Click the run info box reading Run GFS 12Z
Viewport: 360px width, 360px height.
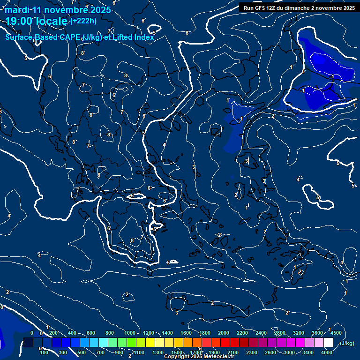[299, 8]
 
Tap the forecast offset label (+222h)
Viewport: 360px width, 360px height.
[83, 21]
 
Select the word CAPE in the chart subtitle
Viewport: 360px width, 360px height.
[69, 37]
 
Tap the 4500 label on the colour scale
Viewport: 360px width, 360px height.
[336, 333]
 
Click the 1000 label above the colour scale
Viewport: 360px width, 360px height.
[130, 333]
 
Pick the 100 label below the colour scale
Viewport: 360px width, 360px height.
[44, 352]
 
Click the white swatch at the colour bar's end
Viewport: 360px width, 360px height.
[328, 343]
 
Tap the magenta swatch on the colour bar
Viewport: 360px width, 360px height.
[300, 343]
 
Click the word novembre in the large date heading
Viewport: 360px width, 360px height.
[64, 10]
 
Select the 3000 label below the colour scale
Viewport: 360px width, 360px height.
[289, 352]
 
